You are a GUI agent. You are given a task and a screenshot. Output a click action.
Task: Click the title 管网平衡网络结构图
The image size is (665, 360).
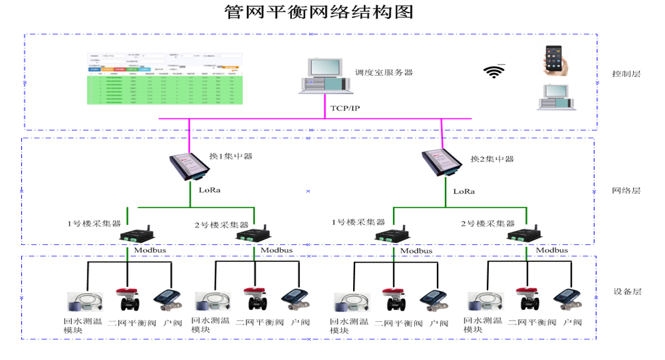pyautogui.click(x=319, y=12)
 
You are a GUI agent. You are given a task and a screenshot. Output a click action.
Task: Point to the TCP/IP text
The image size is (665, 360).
pyautogui.click(x=345, y=108)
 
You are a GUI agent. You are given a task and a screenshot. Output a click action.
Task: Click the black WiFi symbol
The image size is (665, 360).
pyautogui.click(x=494, y=71)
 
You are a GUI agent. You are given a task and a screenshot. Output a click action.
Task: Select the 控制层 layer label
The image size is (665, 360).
pyautogui.click(x=626, y=74)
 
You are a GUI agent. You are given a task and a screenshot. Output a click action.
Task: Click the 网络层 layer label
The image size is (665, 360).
pyautogui.click(x=626, y=191)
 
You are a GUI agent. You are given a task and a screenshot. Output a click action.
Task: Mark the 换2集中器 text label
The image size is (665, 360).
pyautogui.click(x=492, y=159)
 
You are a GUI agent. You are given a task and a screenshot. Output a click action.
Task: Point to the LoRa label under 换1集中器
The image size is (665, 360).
pyautogui.click(x=209, y=189)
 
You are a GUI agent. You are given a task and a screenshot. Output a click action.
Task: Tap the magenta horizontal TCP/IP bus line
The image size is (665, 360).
pyautogui.click(x=250, y=118)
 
